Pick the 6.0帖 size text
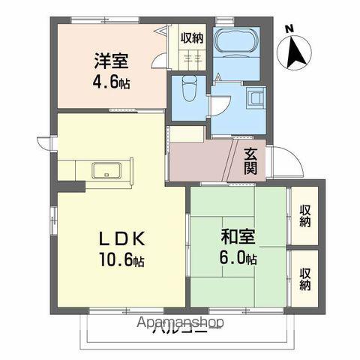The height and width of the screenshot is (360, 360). click(239, 259)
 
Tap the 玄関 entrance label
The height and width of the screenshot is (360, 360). click(251, 161)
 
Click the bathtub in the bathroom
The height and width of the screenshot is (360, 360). click(236, 43)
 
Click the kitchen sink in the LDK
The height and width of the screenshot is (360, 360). click(109, 170)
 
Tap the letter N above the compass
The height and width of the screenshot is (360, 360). click(289, 30)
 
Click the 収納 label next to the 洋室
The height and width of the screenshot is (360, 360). click(192, 37)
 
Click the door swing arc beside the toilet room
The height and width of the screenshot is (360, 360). click(217, 105)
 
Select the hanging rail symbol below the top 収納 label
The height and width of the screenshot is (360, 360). click(191, 58)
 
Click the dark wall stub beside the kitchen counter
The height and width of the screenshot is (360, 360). click(67, 186)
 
